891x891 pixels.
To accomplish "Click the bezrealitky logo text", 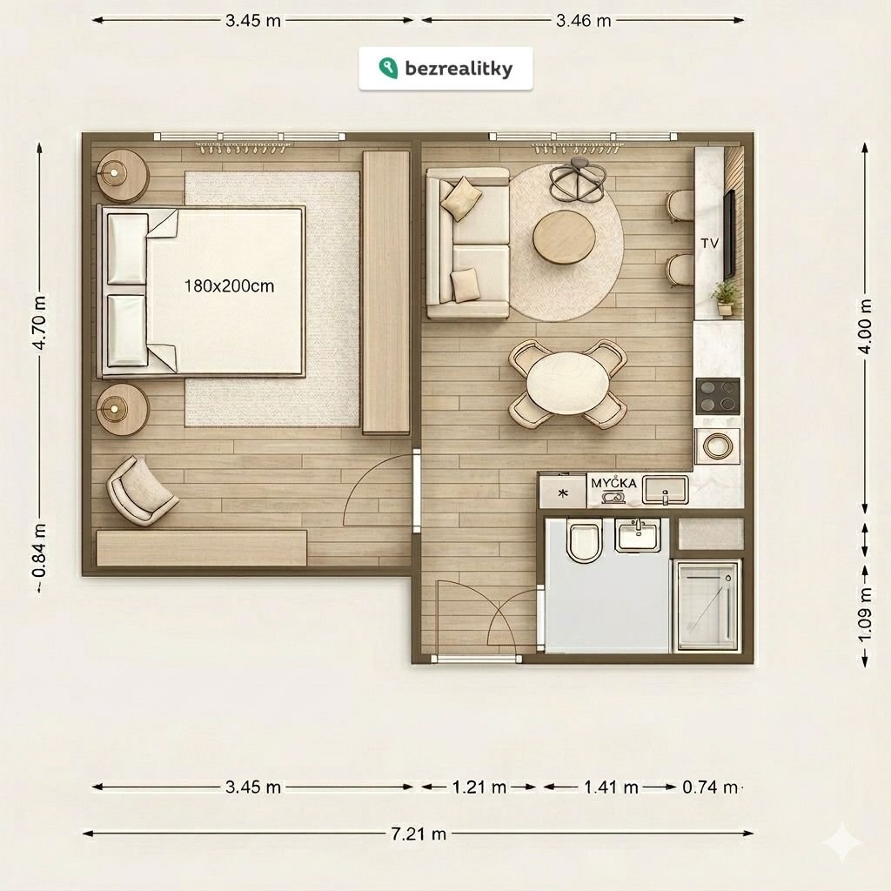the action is (x=459, y=69).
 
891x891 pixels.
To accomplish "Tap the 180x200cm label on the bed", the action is (x=229, y=285).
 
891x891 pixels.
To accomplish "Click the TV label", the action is (x=710, y=244).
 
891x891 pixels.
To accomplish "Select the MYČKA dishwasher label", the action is (x=613, y=483).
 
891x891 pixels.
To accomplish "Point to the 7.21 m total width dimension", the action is (x=419, y=834).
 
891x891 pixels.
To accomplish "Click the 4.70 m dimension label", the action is (x=39, y=322).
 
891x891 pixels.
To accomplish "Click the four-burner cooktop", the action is (x=718, y=396).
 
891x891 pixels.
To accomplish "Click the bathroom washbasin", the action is (x=638, y=535).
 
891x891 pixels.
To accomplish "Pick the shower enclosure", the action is (x=707, y=606).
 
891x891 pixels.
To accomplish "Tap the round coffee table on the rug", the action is (x=564, y=237).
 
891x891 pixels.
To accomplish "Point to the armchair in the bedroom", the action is (x=141, y=491).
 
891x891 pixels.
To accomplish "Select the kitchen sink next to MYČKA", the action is (x=666, y=491).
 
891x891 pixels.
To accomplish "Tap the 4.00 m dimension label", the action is (x=864, y=326).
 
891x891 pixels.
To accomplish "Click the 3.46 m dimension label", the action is (x=584, y=21).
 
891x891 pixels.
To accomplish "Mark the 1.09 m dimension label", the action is (x=864, y=615).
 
